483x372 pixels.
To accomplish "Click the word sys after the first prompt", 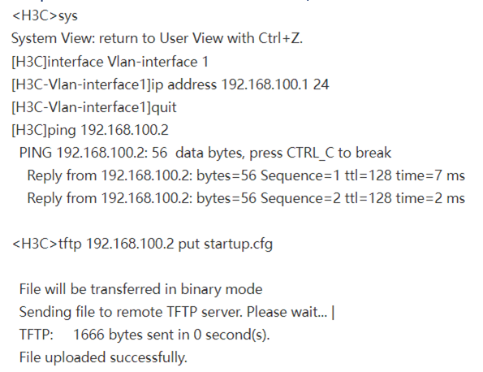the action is (67, 16).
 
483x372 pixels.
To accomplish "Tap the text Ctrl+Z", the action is (280, 38).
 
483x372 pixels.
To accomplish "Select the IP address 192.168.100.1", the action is (265, 84).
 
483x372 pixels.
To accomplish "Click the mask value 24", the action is (321, 84).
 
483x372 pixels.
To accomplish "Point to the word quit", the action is (164, 107).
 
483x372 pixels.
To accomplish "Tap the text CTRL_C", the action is (310, 154).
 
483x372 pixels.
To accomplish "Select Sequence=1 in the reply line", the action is (300, 176).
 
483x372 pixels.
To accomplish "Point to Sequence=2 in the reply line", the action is (300, 198).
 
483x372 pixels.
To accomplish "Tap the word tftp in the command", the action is (70, 244).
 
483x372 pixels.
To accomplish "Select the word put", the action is (188, 244).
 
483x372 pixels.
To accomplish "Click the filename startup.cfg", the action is (238, 244).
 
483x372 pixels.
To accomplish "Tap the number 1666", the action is (88, 335).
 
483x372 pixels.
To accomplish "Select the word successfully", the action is (149, 358).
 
